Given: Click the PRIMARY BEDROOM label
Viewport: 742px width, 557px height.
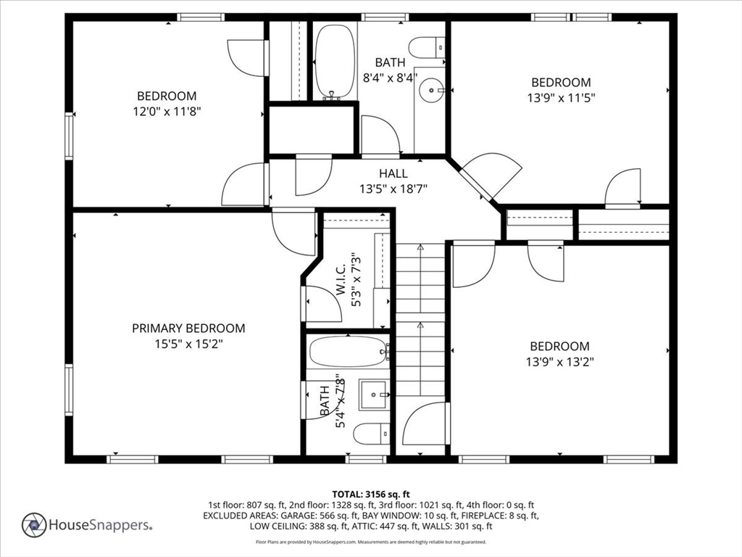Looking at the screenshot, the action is click(188, 329).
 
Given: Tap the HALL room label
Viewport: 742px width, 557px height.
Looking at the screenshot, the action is click(393, 174).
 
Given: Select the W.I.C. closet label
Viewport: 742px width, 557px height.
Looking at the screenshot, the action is click(342, 280).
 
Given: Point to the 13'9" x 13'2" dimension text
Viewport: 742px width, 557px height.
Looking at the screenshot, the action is click(560, 362).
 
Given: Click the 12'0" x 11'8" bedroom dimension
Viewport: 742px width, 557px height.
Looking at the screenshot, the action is click(167, 112).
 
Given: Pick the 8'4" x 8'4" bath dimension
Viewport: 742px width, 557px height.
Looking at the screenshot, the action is click(390, 77).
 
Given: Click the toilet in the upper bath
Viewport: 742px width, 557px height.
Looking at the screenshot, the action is click(428, 47).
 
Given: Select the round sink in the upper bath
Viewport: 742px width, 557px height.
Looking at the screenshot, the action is click(432, 89).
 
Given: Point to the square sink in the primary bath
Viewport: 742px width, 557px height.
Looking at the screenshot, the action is click(373, 395).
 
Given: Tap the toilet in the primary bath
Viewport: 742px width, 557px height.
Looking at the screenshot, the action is click(372, 434).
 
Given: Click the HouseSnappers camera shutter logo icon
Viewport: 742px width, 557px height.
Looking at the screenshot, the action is click(34, 525).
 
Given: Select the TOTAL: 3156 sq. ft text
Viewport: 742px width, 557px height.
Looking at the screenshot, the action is click(371, 495).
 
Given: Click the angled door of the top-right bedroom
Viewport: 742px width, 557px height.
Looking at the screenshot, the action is click(492, 176).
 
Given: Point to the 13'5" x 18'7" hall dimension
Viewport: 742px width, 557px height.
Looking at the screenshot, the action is click(393, 189).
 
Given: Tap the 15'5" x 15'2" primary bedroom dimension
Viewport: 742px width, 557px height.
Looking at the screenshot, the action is click(188, 344).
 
